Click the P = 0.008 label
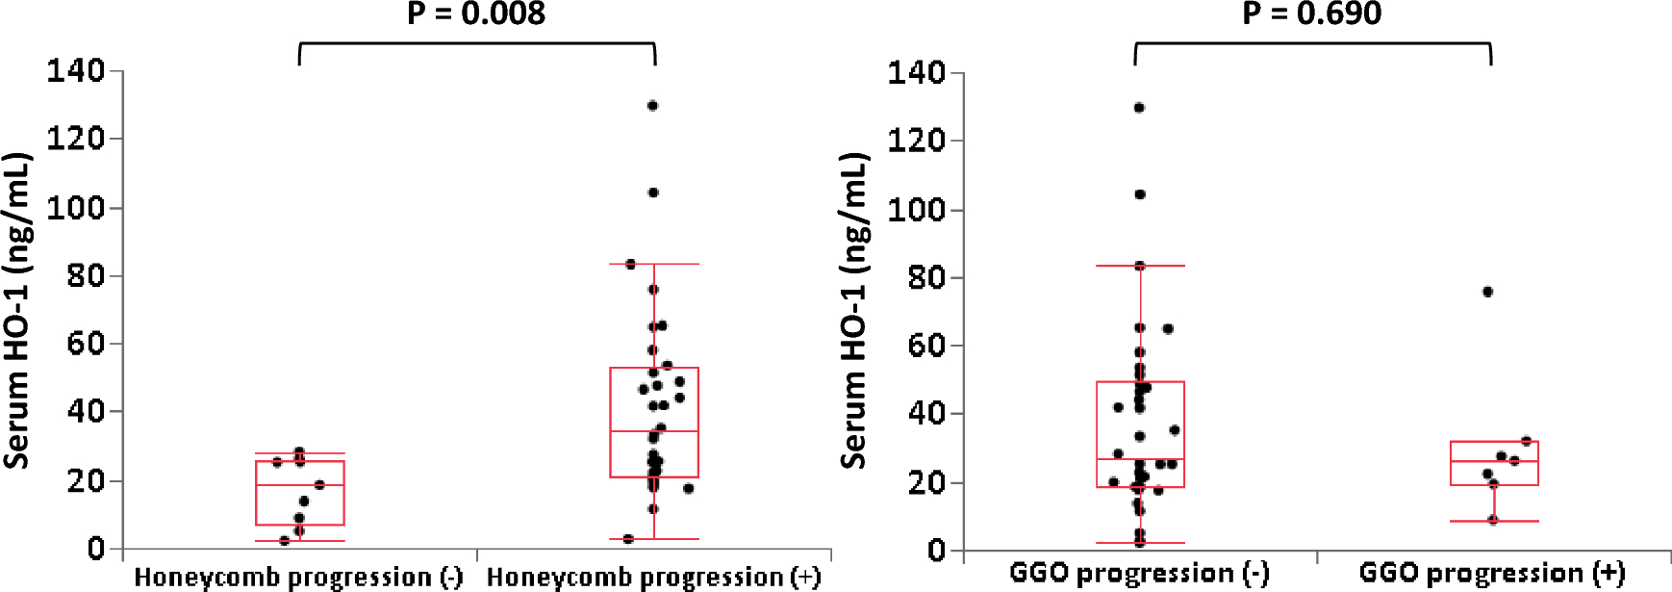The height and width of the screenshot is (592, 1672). pyautogui.click(x=476, y=13)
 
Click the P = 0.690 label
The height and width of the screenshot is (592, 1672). pyautogui.click(x=1311, y=13)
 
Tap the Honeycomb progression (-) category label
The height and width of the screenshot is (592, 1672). pyautogui.click(x=298, y=577)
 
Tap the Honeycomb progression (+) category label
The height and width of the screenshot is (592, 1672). pyautogui.click(x=653, y=577)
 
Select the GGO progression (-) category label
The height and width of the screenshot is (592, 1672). pyautogui.click(x=1139, y=574)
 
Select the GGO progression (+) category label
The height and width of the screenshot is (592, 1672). pyautogui.click(x=1492, y=574)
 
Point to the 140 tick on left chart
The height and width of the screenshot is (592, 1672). pyautogui.click(x=76, y=70)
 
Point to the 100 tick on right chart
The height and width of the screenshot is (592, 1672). pyautogui.click(x=916, y=209)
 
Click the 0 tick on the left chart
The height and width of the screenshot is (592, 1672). pyautogui.click(x=95, y=549)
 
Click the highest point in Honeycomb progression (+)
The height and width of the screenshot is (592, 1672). pyautogui.click(x=652, y=106)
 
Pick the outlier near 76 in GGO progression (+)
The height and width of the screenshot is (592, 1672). pyautogui.click(x=1487, y=292)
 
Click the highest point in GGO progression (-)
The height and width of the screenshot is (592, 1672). pyautogui.click(x=1139, y=108)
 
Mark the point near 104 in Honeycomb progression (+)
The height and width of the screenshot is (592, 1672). pyautogui.click(x=653, y=193)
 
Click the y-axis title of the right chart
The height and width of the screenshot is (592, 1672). pyautogui.click(x=854, y=310)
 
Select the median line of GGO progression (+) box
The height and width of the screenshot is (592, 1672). pyautogui.click(x=1494, y=461)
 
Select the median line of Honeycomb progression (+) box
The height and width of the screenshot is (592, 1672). pyautogui.click(x=654, y=431)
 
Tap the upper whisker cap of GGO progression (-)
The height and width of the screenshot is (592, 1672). pyautogui.click(x=1140, y=266)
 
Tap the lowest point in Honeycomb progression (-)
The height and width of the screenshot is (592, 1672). pyautogui.click(x=284, y=541)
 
